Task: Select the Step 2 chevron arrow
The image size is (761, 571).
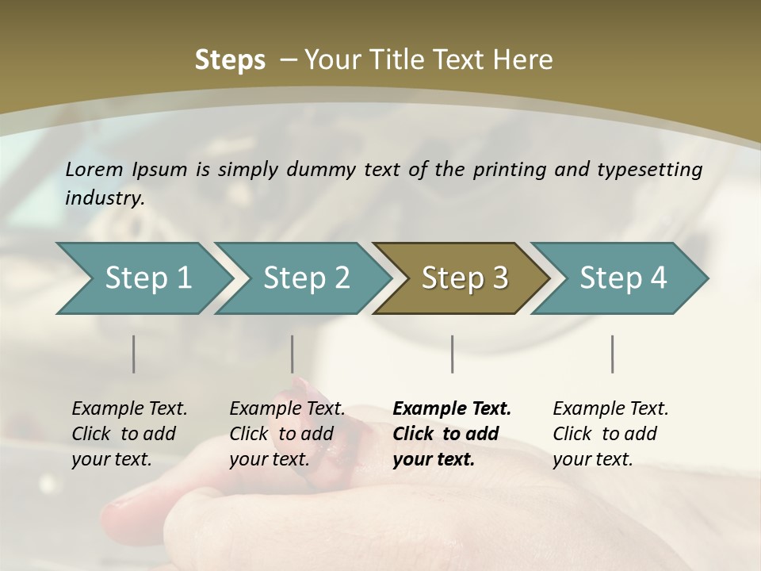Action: click(305, 278)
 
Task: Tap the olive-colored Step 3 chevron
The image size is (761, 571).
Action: click(464, 278)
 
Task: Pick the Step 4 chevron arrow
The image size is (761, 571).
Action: click(622, 278)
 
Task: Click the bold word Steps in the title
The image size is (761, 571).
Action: click(230, 60)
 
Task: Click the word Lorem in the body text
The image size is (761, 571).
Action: click(94, 169)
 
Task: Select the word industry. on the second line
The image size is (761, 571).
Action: click(105, 197)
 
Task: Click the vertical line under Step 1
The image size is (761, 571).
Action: click(134, 354)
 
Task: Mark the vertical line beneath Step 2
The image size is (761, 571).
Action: click(293, 354)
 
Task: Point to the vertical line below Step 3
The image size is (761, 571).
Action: click(453, 354)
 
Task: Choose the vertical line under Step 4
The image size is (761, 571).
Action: click(613, 354)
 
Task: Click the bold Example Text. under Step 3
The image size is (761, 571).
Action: click(452, 408)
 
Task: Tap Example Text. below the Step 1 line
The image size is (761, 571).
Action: click(129, 408)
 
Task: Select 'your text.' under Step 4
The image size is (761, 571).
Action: click(592, 459)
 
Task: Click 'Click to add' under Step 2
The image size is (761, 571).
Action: click(281, 434)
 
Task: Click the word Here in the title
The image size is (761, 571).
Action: click(522, 60)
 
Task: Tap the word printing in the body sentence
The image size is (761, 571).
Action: click(508, 169)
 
